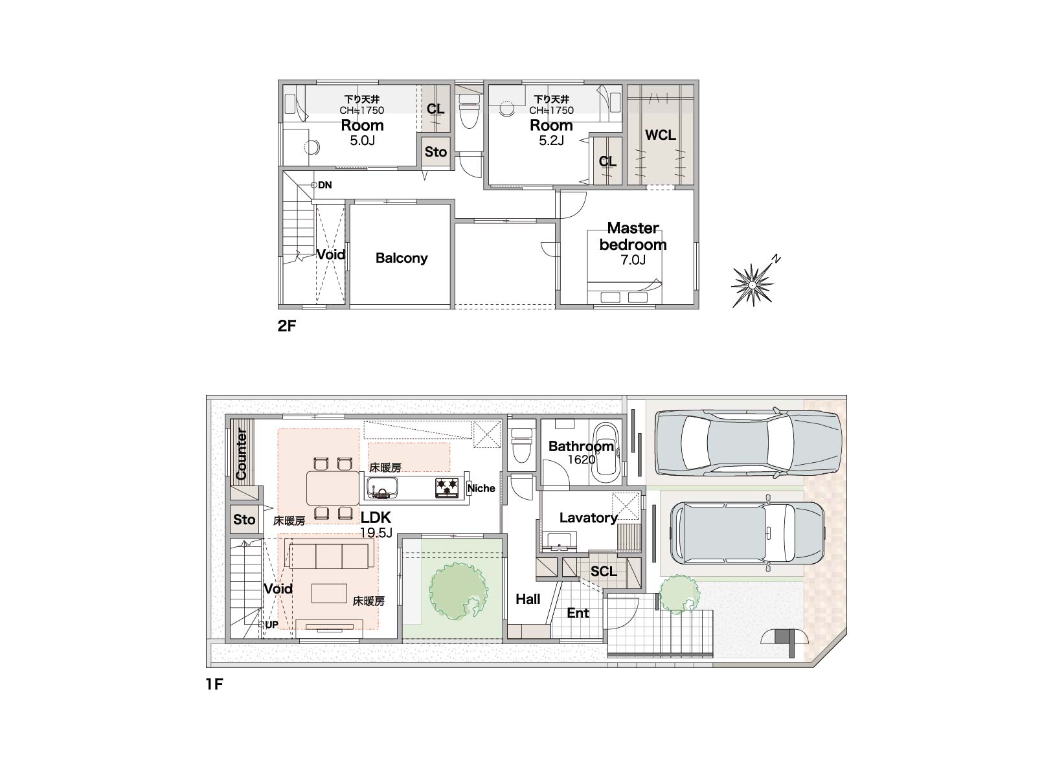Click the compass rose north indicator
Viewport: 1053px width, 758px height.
pos(753,285)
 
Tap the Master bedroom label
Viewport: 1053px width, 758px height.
pos(633,236)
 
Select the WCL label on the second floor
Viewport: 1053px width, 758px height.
pos(660,135)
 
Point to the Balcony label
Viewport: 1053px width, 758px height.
pos(402,258)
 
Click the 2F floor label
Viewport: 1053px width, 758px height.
pos(287,326)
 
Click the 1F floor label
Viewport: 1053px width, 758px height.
pos(214,684)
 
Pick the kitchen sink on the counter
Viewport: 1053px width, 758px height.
pos(381,488)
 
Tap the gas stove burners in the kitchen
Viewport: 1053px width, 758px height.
pos(447,488)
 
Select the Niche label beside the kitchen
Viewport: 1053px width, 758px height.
pos(481,488)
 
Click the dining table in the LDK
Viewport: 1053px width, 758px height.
pos(332,488)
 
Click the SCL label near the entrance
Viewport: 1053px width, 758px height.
pos(604,572)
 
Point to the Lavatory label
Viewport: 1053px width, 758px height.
pos(588,518)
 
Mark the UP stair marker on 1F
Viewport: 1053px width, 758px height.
pos(268,625)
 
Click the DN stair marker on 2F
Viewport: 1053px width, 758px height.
pos(322,185)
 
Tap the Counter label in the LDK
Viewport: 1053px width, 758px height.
pos(241,454)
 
